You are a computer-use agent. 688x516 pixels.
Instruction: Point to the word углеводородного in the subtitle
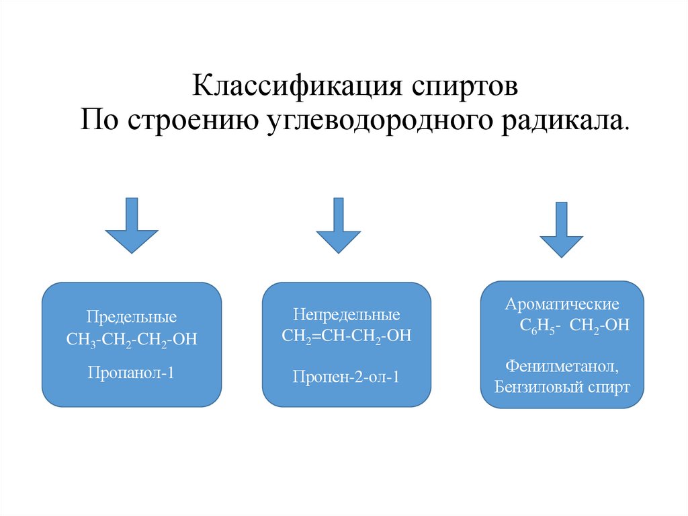(357, 120)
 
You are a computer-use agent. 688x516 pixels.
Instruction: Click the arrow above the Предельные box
(132, 225)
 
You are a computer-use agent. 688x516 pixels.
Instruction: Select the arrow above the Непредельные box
(339, 225)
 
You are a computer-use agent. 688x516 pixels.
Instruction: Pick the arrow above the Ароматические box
(562, 229)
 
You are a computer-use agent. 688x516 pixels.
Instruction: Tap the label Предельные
(132, 316)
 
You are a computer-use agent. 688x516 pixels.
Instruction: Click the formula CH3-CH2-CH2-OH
(132, 338)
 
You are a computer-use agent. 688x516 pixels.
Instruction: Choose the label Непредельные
(346, 314)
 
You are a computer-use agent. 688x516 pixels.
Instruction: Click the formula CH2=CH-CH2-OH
(346, 336)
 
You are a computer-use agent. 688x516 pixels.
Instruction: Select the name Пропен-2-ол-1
(346, 377)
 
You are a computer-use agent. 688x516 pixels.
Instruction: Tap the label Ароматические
(562, 304)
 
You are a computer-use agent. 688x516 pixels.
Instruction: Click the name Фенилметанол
(562, 368)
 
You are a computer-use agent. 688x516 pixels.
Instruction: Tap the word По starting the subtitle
(100, 120)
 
